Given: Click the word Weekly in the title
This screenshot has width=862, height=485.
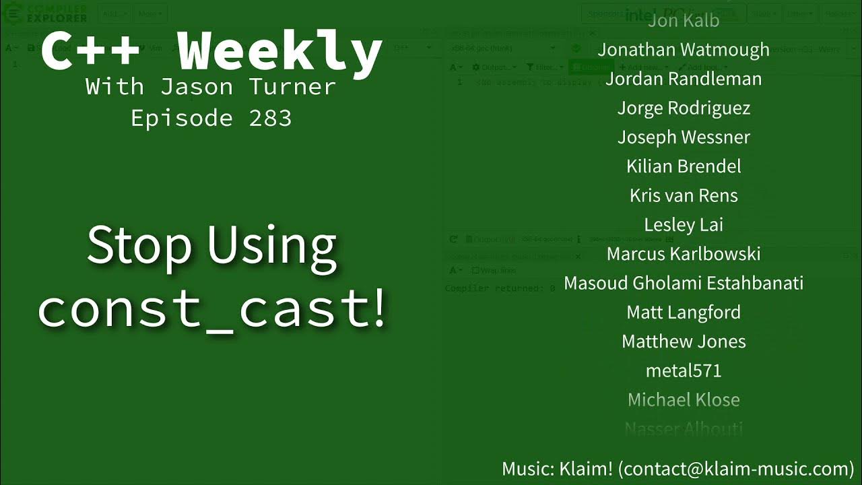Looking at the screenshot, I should [279, 53].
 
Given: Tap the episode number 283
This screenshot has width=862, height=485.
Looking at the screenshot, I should [270, 119].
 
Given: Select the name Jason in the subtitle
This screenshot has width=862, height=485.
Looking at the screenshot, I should [196, 87].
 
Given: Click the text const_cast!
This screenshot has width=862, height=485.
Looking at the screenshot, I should [212, 308].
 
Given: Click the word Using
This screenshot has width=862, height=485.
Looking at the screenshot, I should [271, 246].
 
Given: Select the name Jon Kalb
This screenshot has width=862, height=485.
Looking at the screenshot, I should [683, 21].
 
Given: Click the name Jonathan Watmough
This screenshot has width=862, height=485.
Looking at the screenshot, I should [683, 50].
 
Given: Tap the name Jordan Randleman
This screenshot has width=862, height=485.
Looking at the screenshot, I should [683, 79].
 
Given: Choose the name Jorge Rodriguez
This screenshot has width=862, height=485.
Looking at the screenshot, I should [683, 108].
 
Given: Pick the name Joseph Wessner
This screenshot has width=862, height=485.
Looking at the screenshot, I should [683, 137].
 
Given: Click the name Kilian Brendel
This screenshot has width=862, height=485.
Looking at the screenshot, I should [683, 166].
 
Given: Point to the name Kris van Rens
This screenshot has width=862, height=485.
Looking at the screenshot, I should [683, 195].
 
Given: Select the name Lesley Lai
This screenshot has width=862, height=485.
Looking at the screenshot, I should [683, 224].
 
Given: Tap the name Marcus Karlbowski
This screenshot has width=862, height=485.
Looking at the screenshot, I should [683, 254].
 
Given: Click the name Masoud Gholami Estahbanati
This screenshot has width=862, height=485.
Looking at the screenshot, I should [683, 283].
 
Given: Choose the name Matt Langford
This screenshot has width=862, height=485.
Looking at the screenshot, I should [683, 313].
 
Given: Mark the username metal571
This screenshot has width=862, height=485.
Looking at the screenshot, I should [683, 370].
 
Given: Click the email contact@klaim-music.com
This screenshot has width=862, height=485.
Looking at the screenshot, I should [736, 469].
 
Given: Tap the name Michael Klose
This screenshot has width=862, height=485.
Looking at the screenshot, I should [683, 400].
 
